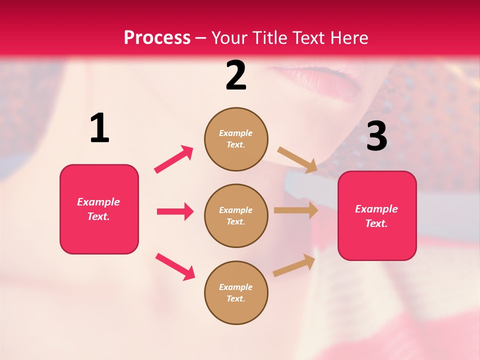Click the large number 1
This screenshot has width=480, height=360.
[99, 128]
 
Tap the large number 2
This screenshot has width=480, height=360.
[236, 75]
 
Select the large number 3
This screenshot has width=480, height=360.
[376, 136]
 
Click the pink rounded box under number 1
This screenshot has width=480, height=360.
[99, 209]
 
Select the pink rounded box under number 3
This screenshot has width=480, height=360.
[377, 215]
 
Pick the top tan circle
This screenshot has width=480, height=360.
[236, 139]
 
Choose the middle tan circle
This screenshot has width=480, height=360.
[236, 215]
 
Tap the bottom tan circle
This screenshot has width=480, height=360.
[236, 292]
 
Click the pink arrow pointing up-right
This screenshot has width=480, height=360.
[174, 159]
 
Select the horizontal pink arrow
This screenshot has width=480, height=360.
[175, 211]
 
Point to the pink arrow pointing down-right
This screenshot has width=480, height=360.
[175, 266]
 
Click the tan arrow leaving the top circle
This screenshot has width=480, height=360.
[297, 160]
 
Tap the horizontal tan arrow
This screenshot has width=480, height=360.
[296, 210]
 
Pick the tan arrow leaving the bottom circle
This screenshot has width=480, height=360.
[294, 265]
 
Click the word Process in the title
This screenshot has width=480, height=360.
[157, 37]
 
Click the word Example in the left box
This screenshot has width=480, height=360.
[98, 202]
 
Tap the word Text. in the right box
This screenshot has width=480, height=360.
[376, 223]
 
